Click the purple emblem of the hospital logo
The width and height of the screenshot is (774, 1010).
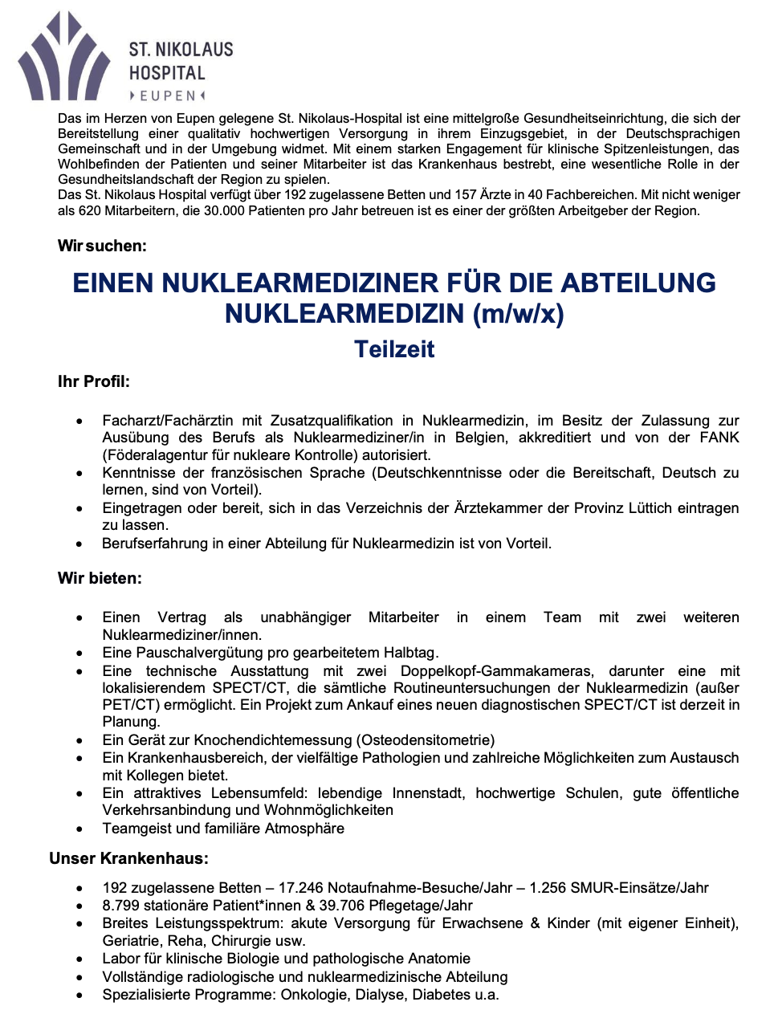point(64,60)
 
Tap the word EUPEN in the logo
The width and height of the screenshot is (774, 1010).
point(168,96)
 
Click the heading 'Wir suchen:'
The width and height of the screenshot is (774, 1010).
point(102,246)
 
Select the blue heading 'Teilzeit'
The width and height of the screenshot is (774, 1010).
point(394,349)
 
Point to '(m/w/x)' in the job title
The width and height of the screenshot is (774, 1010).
point(518,313)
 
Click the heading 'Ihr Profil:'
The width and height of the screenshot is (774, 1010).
point(93,381)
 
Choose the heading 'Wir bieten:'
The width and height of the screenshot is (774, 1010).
point(100,578)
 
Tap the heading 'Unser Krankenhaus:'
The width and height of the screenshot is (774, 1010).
point(128,858)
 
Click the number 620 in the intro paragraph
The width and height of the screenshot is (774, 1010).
point(89,211)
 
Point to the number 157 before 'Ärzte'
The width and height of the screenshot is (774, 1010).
point(466,194)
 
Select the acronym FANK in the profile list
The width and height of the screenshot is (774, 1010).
point(719,438)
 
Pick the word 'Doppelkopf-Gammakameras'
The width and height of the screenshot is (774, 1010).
point(497,671)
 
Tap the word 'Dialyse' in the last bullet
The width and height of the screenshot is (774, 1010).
point(381,995)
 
